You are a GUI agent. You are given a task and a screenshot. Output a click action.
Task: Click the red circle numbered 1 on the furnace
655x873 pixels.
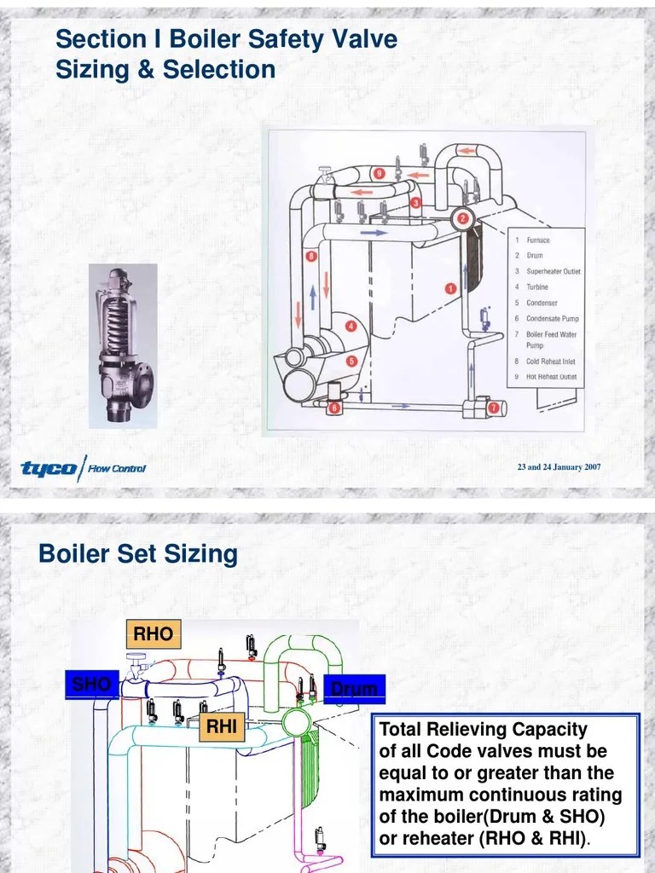[x=449, y=288]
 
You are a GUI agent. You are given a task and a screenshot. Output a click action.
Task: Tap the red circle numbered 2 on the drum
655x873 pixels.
[x=463, y=218]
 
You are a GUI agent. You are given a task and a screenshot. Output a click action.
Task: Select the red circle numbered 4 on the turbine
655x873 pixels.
[x=350, y=326]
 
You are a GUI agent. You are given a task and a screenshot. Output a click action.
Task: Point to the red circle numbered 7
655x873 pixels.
[x=493, y=408]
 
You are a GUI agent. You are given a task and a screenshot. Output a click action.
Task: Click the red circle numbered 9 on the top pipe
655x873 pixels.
[x=380, y=174]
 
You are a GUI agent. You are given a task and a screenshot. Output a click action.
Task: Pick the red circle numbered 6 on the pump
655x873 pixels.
[x=334, y=408]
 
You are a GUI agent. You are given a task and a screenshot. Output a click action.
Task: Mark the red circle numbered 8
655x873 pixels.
[x=311, y=256]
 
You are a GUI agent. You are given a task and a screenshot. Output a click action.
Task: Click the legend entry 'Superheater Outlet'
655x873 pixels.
[x=553, y=272]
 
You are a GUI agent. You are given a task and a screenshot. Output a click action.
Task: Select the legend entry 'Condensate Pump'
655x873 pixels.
[x=552, y=319]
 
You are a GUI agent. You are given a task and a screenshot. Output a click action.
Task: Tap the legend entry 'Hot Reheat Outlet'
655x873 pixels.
[x=551, y=377]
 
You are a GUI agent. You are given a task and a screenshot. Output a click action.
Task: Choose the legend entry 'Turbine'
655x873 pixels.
[x=537, y=287]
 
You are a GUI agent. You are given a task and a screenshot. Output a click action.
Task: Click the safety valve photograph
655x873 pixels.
[x=123, y=345]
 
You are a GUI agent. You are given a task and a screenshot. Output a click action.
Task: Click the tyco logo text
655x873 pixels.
[x=48, y=468]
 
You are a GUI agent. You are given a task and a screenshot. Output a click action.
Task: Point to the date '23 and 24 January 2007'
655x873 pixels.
[x=559, y=467]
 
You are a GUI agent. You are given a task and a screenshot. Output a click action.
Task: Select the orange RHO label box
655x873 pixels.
[x=153, y=634]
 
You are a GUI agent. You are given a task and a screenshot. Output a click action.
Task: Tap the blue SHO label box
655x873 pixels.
[x=91, y=685]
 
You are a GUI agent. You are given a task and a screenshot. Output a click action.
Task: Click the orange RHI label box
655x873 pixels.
[x=221, y=728]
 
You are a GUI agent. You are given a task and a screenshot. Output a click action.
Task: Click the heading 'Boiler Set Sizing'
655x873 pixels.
[x=138, y=554]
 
